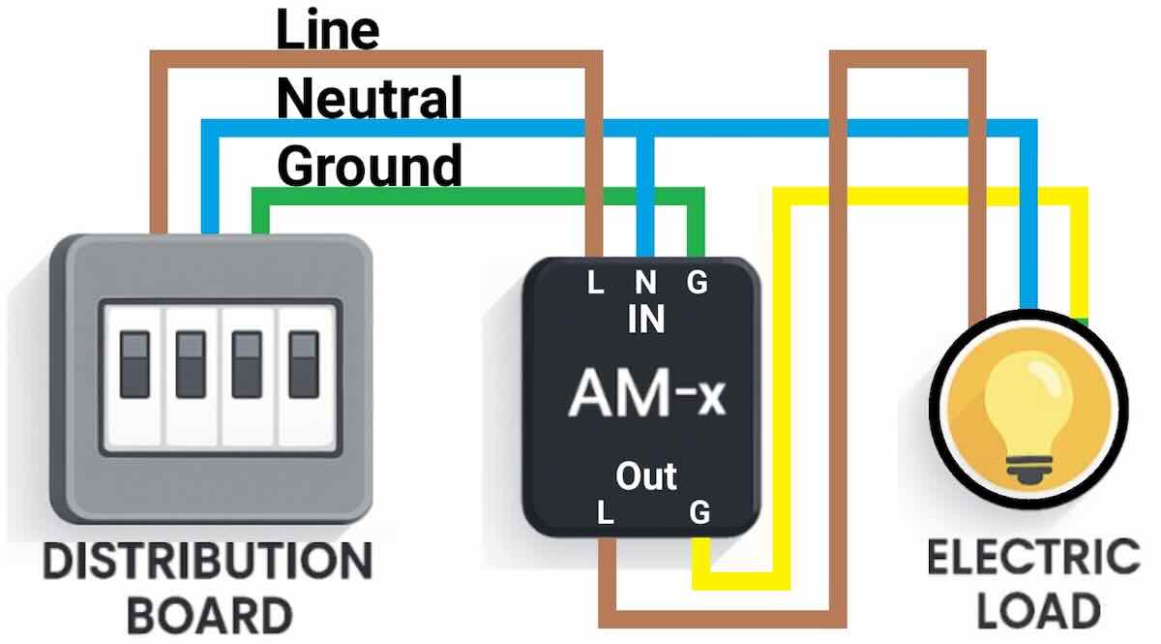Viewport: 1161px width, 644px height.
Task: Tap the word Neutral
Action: coord(369,98)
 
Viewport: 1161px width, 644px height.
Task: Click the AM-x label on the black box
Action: coord(646,394)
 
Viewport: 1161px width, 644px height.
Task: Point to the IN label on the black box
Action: coord(645,320)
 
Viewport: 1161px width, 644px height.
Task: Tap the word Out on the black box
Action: coord(646,475)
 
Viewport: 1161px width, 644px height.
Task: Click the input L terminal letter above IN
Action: coord(596,284)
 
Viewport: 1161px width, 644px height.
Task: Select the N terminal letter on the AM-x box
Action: coord(645,284)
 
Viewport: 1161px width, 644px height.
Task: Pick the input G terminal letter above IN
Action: coord(697,284)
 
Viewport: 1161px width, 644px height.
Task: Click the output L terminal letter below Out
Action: coord(606,512)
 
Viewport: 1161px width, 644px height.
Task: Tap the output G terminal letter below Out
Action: coord(700,512)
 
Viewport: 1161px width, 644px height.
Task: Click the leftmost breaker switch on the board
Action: coord(134,363)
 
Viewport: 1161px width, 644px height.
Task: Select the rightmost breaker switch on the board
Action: coord(305,363)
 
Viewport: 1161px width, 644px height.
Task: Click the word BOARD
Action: coord(209,615)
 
